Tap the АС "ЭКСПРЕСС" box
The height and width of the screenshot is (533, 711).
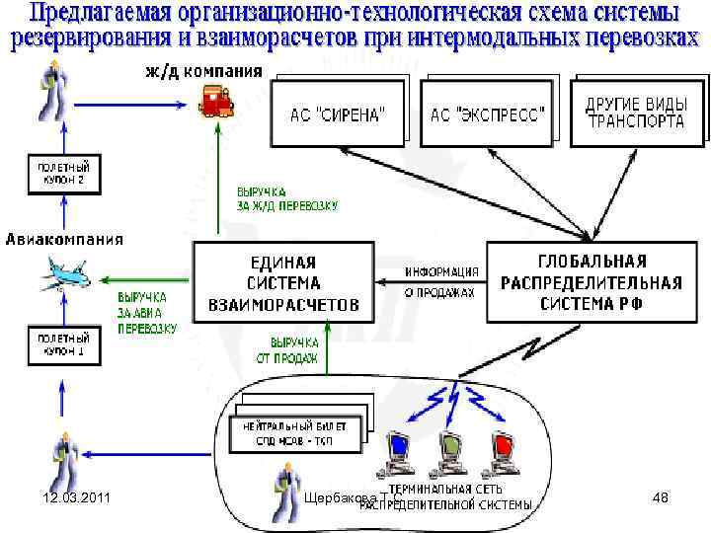(487, 114)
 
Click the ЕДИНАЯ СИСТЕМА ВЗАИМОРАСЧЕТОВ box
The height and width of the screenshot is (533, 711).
(283, 283)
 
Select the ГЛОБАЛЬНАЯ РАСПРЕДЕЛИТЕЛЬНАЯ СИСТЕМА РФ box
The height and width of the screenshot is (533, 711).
(592, 282)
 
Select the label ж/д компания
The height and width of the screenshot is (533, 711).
(204, 71)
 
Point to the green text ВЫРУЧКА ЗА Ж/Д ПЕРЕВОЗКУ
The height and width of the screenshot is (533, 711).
(286, 198)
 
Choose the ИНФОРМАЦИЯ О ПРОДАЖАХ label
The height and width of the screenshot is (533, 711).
(441, 282)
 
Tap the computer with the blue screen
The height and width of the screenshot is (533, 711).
(400, 449)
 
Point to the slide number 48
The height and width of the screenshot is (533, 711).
(661, 498)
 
